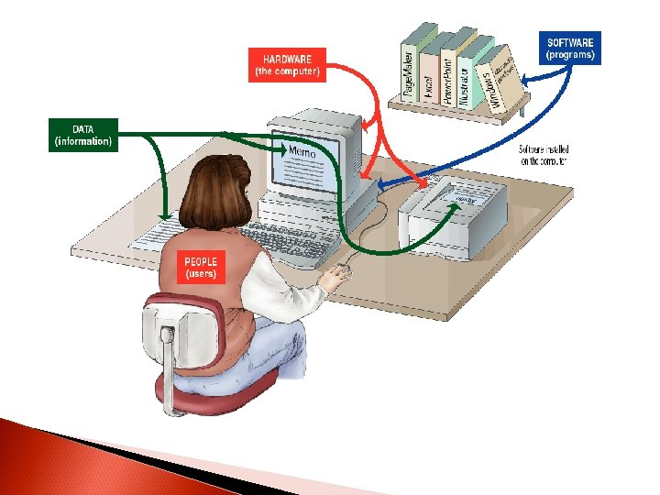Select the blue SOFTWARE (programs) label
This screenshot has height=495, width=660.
coord(570,49)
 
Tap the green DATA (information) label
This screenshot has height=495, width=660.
coord(82,134)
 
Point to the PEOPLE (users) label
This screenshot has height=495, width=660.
coord(201,268)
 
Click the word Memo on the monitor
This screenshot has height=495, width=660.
coord(302,151)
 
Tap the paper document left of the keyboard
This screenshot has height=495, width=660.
coord(155,233)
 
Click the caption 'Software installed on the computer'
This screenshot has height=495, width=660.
coord(543,155)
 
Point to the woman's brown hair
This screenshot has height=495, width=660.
coord(215,192)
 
